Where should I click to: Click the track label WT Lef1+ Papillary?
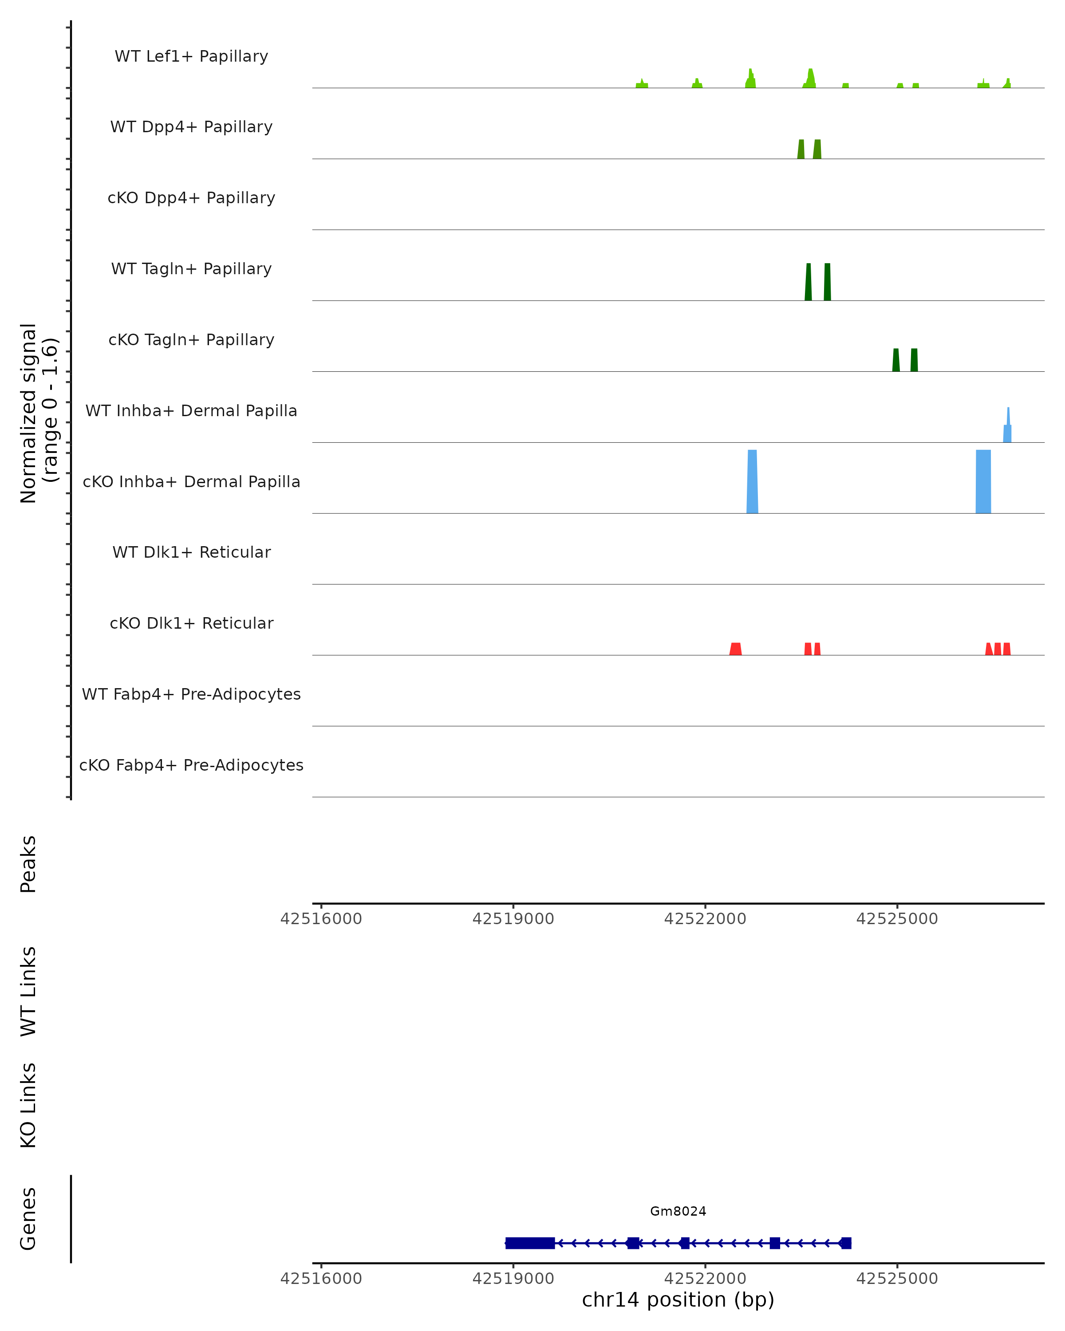[191, 56]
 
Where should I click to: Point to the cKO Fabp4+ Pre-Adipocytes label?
[191, 765]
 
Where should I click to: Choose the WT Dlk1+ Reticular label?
[191, 552]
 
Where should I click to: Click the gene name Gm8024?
[678, 1211]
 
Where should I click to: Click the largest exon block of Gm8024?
[530, 1243]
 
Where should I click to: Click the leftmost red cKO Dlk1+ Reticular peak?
[735, 649]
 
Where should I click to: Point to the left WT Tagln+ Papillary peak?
[808, 283]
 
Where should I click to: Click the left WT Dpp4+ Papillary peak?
[801, 150]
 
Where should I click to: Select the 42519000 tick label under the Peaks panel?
[513, 919]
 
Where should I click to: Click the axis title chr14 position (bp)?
[678, 1300]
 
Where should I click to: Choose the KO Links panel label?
[28, 1105]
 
